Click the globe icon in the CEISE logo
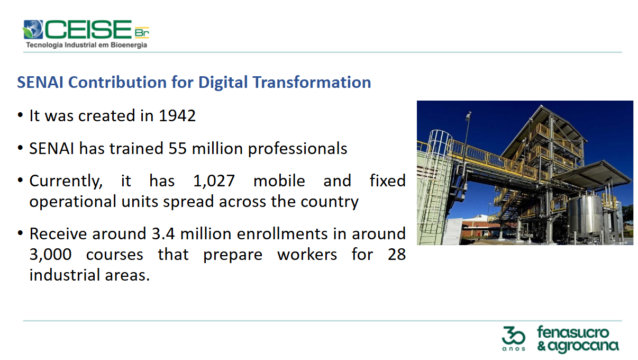click(x=33, y=29)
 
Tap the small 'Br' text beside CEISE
click(x=142, y=32)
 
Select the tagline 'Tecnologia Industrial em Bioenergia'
click(x=87, y=45)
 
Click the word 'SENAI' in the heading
click(x=40, y=83)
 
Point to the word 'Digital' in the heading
click(x=223, y=83)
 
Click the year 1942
click(x=177, y=116)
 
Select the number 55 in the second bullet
click(x=177, y=149)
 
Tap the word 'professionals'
click(x=298, y=149)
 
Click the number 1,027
click(x=214, y=181)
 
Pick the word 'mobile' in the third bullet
click(x=279, y=181)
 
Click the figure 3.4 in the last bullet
click(x=163, y=233)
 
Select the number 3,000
click(x=50, y=255)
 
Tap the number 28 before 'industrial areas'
click(x=396, y=254)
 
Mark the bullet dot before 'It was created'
click(x=20, y=115)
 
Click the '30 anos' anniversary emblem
click(x=514, y=339)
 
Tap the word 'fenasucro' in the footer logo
click(x=573, y=332)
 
